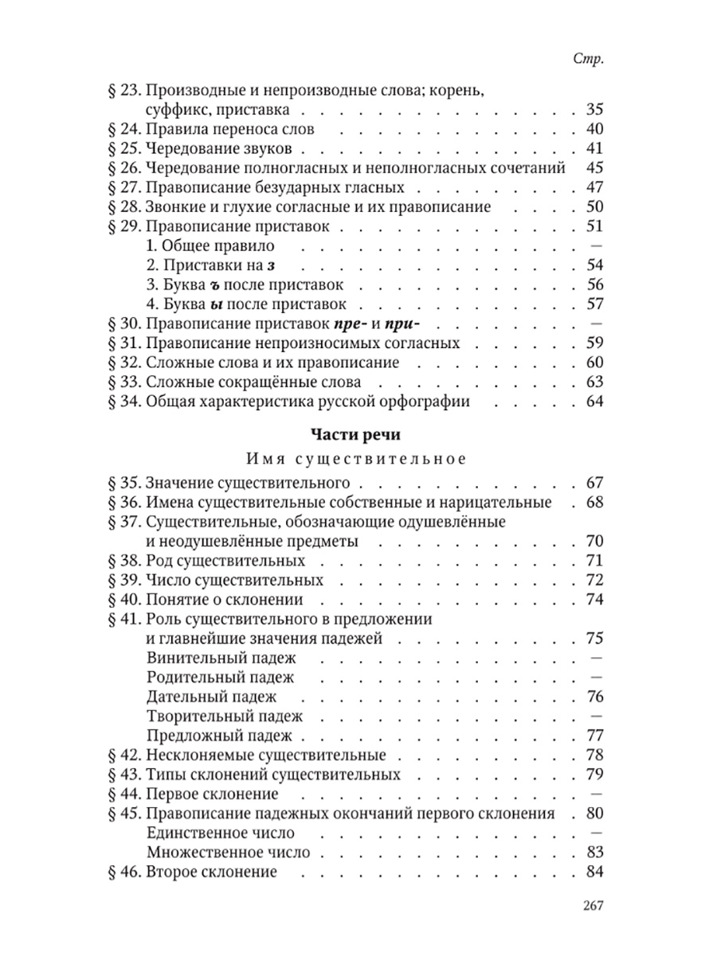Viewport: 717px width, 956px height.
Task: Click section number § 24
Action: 123,129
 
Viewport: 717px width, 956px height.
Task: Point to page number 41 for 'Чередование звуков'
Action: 594,148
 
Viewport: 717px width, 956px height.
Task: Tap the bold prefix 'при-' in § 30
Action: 401,323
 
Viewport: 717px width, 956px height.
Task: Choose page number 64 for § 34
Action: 594,402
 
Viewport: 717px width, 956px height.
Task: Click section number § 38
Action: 123,561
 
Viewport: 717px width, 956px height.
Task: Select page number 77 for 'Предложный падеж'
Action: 594,735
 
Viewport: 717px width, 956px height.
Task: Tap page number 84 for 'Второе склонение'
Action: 594,872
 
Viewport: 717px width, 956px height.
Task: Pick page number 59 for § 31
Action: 594,343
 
